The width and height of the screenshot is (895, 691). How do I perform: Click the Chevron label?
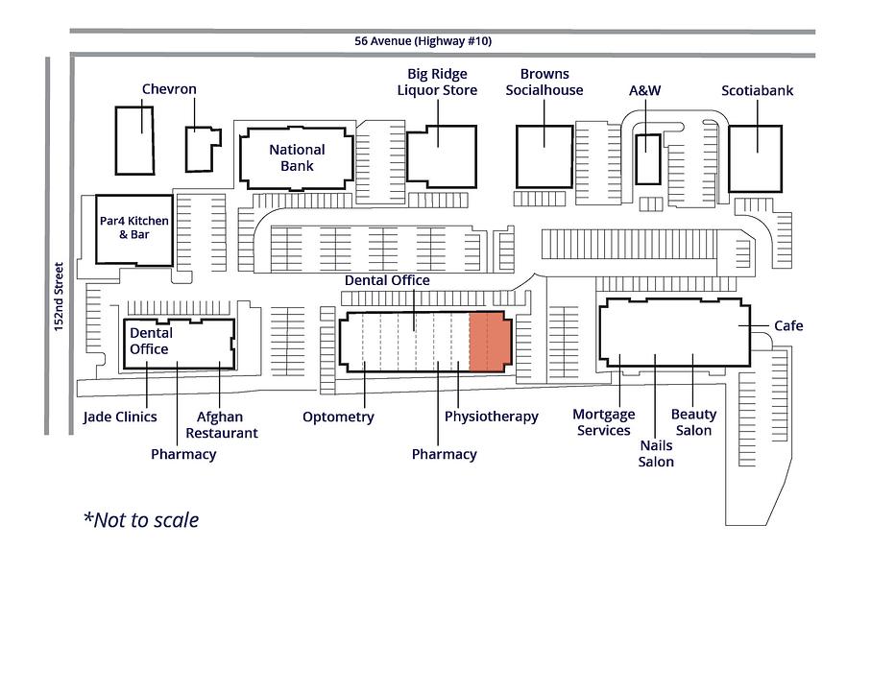pos(169,89)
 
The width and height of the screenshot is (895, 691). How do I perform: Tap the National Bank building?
pos(297,158)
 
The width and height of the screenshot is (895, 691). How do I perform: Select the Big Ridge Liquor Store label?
pos(437,82)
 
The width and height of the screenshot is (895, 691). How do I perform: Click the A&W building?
pos(648,159)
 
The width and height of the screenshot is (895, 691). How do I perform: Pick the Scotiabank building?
pos(755,159)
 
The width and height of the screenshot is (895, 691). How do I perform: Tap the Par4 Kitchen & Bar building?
pos(134,230)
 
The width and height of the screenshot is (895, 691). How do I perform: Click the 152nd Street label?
pos(59,297)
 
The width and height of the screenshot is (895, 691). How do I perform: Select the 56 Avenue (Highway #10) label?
pos(423,41)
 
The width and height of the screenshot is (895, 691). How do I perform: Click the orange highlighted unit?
pos(490,342)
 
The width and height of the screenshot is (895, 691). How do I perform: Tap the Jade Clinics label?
pos(120,417)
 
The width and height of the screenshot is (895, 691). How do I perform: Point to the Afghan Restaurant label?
pos(222,424)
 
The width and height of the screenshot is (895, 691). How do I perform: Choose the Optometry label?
pos(338,417)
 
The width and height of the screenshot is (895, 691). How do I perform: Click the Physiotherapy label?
pos(492,417)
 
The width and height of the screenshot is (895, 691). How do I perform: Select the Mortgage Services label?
pos(604,422)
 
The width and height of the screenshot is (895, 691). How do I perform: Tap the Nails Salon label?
pos(656,454)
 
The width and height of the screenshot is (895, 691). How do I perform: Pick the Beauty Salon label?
pos(693,422)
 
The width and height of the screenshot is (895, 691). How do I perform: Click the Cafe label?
pos(788,325)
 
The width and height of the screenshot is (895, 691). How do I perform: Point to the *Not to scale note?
pos(141,520)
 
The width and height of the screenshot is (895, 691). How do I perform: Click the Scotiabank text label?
pos(757,91)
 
